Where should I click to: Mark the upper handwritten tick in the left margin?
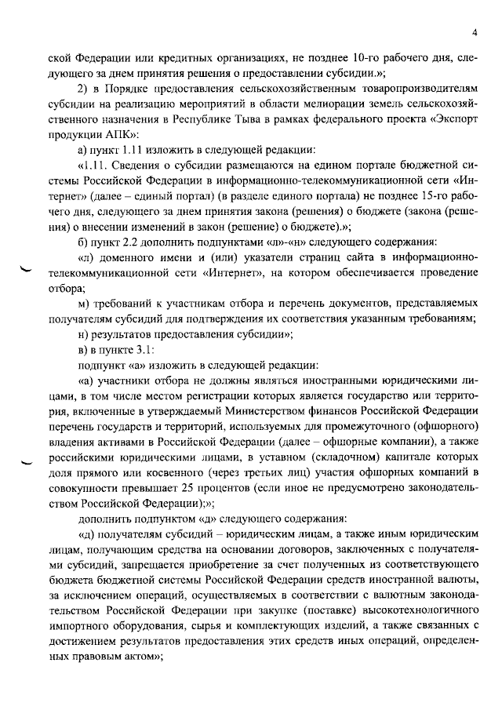click(27, 271)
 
